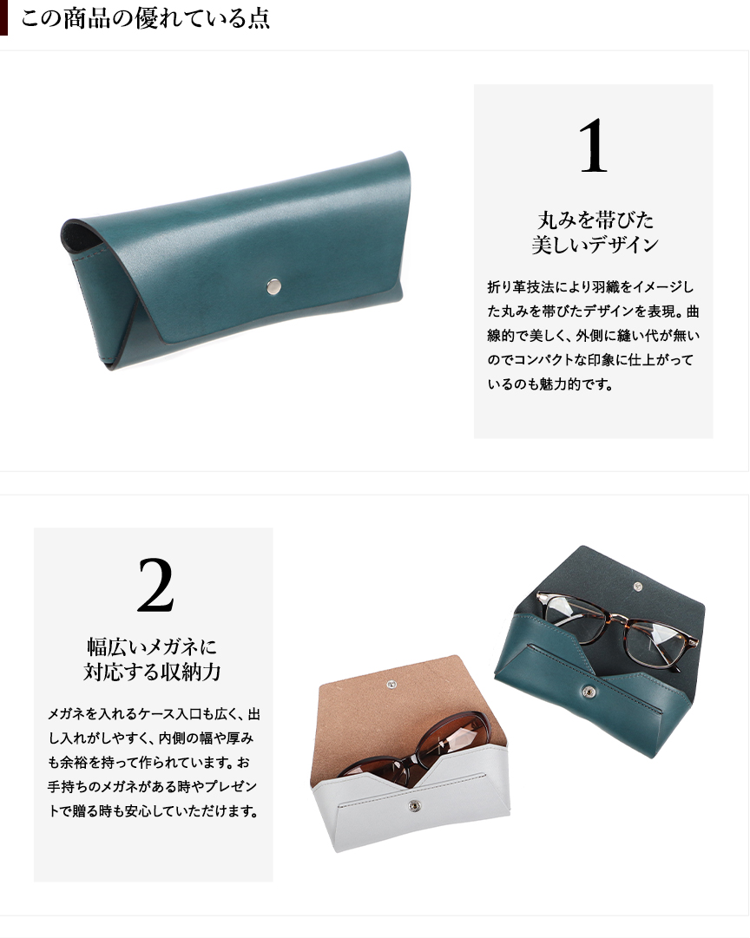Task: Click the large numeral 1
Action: [593, 146]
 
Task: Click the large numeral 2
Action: [155, 586]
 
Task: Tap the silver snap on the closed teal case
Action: [273, 287]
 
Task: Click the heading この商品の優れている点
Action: [145, 18]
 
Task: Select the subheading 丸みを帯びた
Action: [595, 220]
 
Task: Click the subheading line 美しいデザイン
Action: [595, 245]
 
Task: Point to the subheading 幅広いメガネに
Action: [152, 646]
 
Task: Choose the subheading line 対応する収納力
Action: [152, 672]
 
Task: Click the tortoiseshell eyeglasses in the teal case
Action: [616, 627]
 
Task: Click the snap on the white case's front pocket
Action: [413, 806]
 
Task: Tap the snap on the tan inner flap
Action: [391, 683]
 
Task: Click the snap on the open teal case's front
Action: [589, 692]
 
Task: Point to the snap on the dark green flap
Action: [637, 587]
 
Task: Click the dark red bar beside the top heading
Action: [3, 17]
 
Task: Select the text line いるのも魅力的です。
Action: [550, 384]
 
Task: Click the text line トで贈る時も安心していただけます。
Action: [154, 811]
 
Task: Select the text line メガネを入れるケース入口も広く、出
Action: [154, 713]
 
